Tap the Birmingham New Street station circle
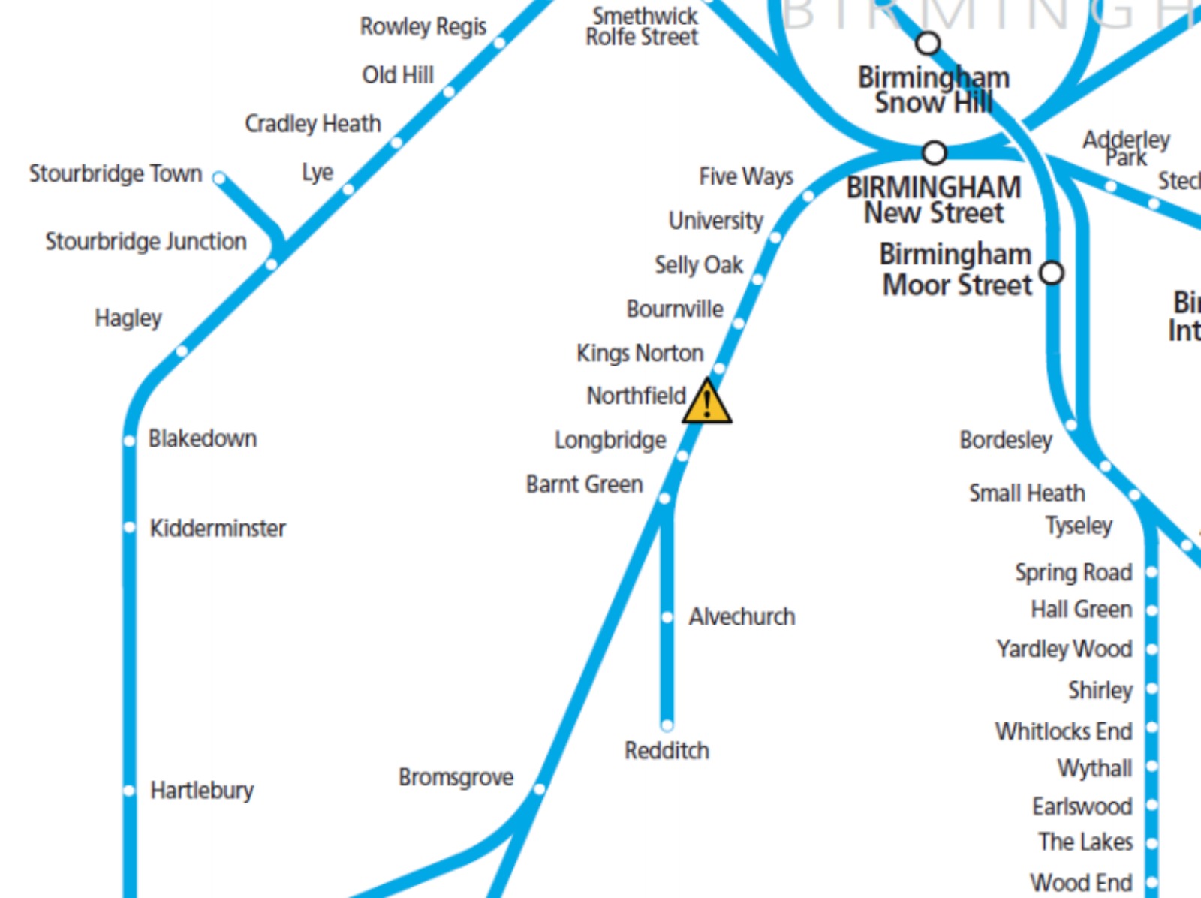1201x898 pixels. point(934,153)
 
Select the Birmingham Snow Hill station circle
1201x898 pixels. point(929,44)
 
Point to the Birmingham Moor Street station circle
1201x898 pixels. point(1052,272)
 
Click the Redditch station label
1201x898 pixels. point(667,750)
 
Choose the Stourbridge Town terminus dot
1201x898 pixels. point(219,178)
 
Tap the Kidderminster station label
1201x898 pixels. point(218,528)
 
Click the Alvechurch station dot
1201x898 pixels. point(667,617)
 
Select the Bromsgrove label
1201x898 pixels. point(456,777)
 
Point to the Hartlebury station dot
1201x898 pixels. point(129,791)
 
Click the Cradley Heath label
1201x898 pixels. point(313,123)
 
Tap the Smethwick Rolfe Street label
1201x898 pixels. point(643,26)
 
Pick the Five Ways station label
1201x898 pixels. point(745,176)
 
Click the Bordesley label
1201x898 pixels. point(1006,440)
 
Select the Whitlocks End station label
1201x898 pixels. point(1063,731)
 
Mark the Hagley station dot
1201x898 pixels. point(182,351)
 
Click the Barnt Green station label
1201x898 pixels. point(584,484)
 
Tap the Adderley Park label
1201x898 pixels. point(1126,148)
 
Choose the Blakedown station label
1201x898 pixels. point(203,438)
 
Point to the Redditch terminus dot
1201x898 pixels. point(667,725)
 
